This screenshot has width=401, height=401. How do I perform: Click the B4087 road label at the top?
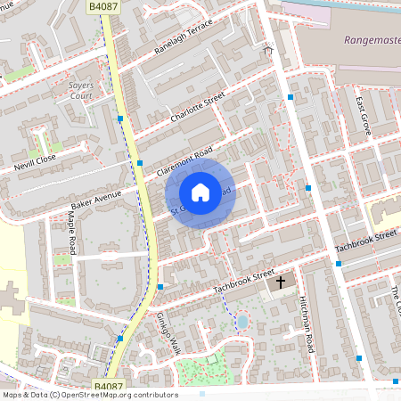tap(102, 6)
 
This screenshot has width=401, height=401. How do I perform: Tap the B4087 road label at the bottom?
tap(108, 386)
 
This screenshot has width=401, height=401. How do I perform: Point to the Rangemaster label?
tap(371, 40)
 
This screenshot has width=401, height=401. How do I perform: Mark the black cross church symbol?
tap(281, 282)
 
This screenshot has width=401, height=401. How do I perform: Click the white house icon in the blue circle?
tap(200, 192)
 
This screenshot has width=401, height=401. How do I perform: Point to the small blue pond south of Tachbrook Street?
tap(241, 320)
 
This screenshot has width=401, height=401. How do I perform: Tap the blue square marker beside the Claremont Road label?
tap(140, 162)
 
